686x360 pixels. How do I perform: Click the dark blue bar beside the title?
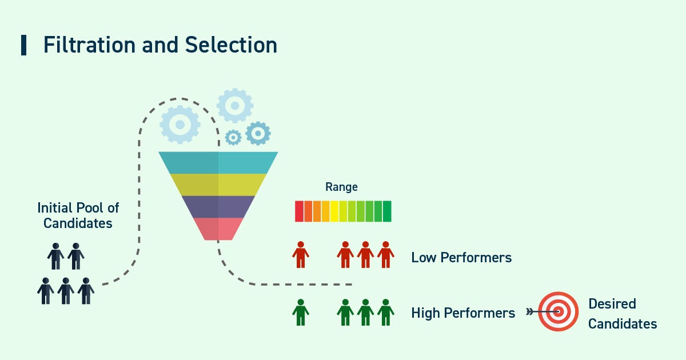(x=23, y=45)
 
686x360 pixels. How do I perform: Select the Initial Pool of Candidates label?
(x=78, y=215)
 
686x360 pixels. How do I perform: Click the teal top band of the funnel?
(x=218, y=162)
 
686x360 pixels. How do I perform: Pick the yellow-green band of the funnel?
(x=218, y=185)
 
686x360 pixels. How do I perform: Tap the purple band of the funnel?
(x=218, y=206)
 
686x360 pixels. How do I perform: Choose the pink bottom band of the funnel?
(x=218, y=229)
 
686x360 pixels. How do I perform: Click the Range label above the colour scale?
(x=341, y=187)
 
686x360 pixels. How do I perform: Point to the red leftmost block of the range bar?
(x=299, y=211)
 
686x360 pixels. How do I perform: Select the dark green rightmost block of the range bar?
(x=387, y=211)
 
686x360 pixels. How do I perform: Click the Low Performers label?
(x=461, y=258)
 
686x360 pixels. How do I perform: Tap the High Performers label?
(x=463, y=313)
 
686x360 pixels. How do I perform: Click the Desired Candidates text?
(x=622, y=314)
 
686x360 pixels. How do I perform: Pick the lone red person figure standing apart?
(x=301, y=255)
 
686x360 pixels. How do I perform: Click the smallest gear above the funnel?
(x=233, y=137)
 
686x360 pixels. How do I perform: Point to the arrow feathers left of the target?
(x=529, y=312)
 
